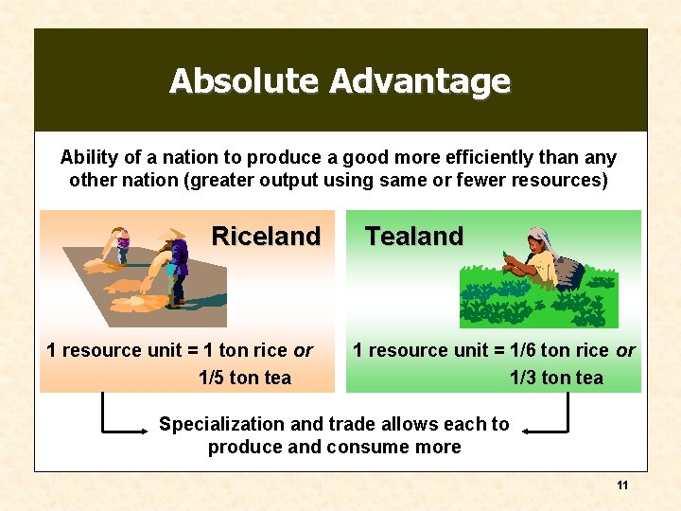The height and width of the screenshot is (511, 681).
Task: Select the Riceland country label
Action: point(266,236)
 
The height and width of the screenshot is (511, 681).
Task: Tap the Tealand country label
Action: point(414,236)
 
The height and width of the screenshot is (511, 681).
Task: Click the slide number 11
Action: point(622,485)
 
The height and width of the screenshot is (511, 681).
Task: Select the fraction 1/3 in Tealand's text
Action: point(522,378)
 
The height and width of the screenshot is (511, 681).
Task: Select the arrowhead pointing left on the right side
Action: point(528,432)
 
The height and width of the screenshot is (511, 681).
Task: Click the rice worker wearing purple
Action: point(178,261)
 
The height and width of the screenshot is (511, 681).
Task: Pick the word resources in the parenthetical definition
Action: point(561,180)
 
